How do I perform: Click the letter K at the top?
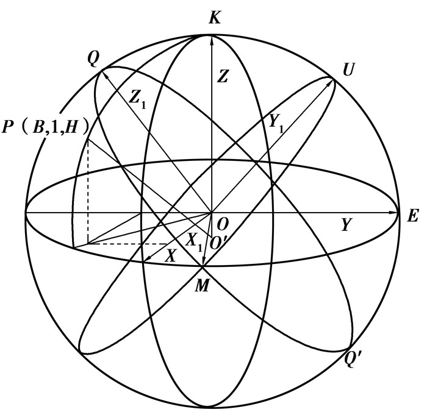pos(215,18)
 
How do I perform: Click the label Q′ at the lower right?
pos(353,360)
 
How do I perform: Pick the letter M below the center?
pos(202,286)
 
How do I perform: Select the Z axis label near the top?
pos(223,76)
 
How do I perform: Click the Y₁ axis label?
pos(276,122)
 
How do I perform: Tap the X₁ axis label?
pos(193,241)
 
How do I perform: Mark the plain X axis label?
pos(171,256)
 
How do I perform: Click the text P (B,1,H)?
pos(46,127)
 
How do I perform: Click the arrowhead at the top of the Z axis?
pos(212,39)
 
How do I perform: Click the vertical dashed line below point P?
pos(88,191)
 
